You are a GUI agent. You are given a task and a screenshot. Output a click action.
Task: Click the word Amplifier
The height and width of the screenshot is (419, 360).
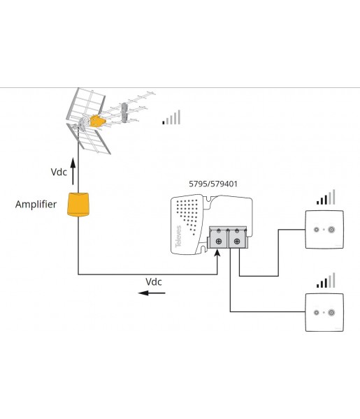click(x=36, y=205)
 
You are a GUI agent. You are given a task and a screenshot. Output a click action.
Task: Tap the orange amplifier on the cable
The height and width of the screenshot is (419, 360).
click(x=78, y=205)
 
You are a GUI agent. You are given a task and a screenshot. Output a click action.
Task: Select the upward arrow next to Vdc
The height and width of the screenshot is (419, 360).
click(x=73, y=171)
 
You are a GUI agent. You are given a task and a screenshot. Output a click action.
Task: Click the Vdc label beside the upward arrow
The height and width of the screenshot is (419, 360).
click(x=59, y=172)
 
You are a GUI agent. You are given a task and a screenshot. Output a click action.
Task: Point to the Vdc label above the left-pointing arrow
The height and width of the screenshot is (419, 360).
click(x=154, y=282)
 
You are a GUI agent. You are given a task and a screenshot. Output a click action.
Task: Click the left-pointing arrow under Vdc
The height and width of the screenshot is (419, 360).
click(x=152, y=293)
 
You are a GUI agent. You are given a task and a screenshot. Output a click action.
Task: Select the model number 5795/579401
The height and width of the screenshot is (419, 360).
click(x=213, y=184)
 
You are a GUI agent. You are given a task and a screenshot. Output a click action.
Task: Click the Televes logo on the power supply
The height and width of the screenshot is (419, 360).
click(x=178, y=237)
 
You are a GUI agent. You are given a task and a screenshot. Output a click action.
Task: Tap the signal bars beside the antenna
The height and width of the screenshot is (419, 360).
click(x=171, y=117)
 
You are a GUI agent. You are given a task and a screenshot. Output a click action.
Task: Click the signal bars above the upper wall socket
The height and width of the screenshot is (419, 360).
click(x=326, y=197)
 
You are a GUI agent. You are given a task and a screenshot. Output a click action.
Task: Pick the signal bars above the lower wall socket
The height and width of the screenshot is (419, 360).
click(x=326, y=280)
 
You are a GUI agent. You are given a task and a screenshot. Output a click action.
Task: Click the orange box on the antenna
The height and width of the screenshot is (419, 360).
click(x=97, y=121)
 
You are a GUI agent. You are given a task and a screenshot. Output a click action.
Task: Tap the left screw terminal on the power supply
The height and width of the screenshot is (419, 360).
click(x=219, y=242)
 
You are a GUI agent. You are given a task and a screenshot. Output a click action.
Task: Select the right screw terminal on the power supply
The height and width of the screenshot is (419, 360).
click(x=237, y=242)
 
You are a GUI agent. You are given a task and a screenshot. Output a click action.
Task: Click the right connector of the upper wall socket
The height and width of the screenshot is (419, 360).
click(x=331, y=230)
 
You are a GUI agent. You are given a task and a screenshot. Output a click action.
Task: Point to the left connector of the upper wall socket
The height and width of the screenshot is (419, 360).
click(x=317, y=230)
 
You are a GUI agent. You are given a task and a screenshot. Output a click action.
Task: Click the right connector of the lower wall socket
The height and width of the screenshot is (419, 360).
click(x=331, y=312)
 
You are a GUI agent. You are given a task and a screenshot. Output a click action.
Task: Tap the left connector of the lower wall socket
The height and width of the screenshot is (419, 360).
click(x=317, y=312)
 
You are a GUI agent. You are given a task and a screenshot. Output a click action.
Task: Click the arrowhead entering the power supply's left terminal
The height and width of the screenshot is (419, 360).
click(x=217, y=253)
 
